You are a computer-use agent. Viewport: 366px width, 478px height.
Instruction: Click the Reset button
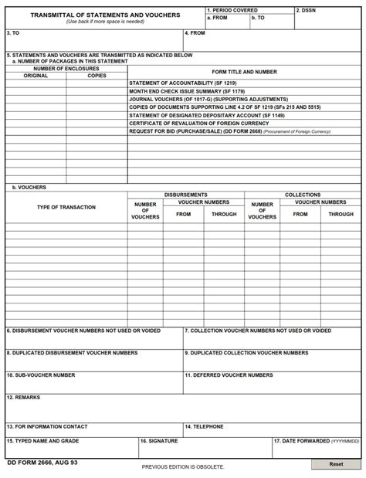click(336, 464)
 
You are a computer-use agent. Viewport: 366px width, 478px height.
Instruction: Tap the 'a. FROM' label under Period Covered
click(217, 17)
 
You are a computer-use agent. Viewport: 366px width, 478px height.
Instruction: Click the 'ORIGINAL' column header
click(36, 76)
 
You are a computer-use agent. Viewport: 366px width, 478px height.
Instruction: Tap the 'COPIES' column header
click(97, 76)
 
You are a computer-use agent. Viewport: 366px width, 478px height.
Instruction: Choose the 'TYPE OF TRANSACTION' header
click(66, 207)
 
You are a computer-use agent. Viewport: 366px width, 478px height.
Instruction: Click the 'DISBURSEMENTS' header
click(185, 195)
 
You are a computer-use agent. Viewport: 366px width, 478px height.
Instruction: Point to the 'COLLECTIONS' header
click(303, 195)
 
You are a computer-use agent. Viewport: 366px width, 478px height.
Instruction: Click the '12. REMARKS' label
click(24, 397)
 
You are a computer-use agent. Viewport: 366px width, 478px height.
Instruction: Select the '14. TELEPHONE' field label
click(205, 426)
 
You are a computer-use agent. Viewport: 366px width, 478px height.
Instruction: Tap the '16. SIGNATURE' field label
click(159, 441)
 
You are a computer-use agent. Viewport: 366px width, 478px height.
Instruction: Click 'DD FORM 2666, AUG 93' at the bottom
click(42, 463)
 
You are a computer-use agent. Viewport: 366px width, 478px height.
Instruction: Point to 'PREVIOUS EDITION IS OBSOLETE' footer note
click(183, 467)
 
